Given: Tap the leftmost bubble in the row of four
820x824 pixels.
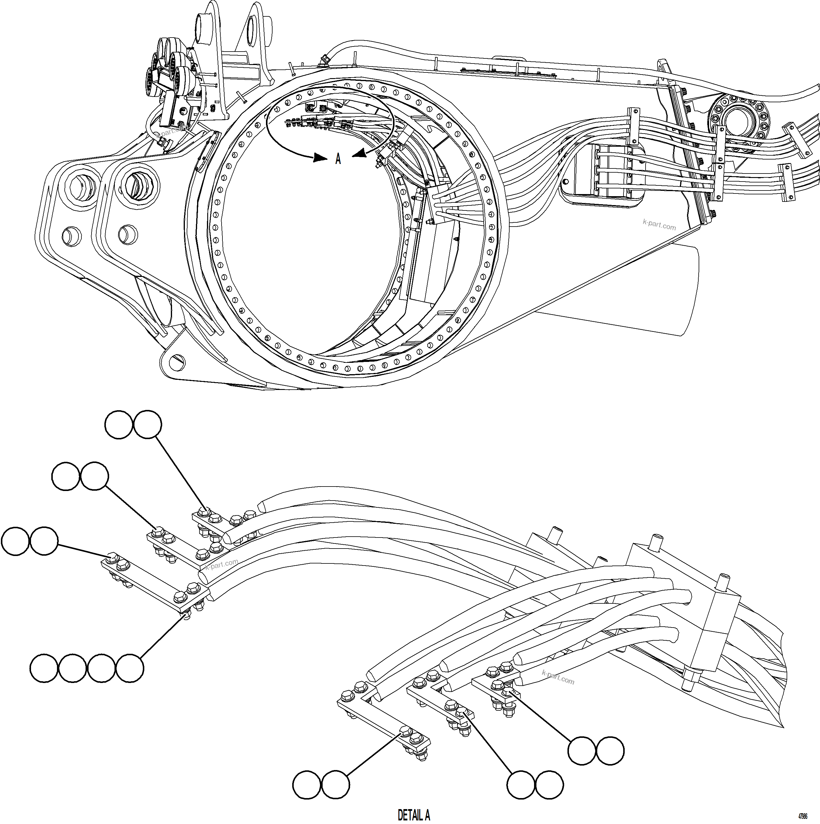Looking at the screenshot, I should [44, 668].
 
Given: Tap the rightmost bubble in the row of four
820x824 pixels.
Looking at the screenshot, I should [130, 668].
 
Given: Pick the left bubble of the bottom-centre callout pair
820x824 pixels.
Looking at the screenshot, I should [521, 784].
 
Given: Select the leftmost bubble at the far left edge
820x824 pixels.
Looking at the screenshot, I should [16, 541].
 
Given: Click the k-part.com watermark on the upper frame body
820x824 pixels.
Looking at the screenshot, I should [659, 224].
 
